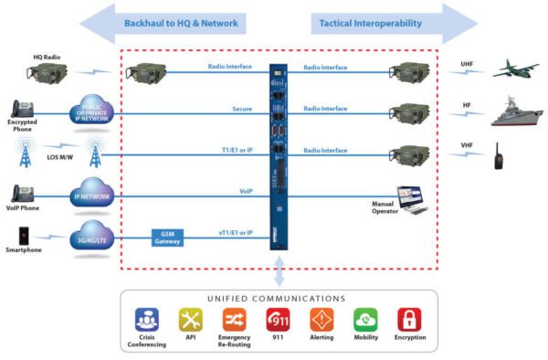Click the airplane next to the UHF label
(512, 69)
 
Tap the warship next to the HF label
(515, 111)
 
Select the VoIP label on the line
(246, 192)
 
